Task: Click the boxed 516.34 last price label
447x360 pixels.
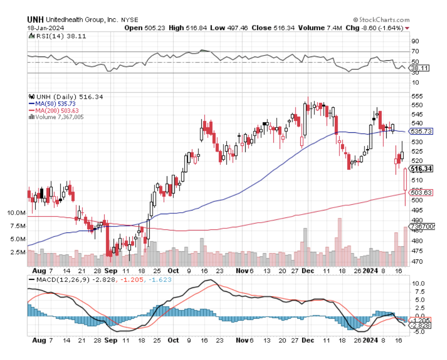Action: coord(422,169)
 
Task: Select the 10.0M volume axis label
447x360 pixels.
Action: coord(16,213)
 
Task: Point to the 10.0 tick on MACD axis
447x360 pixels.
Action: coord(417,284)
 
